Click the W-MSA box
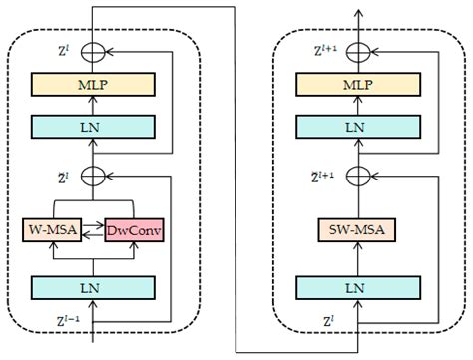50,230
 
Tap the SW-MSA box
355,230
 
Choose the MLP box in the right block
355,86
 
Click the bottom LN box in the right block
355,287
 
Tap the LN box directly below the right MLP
355,126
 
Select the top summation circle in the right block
355,47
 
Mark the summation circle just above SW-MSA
355,176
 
